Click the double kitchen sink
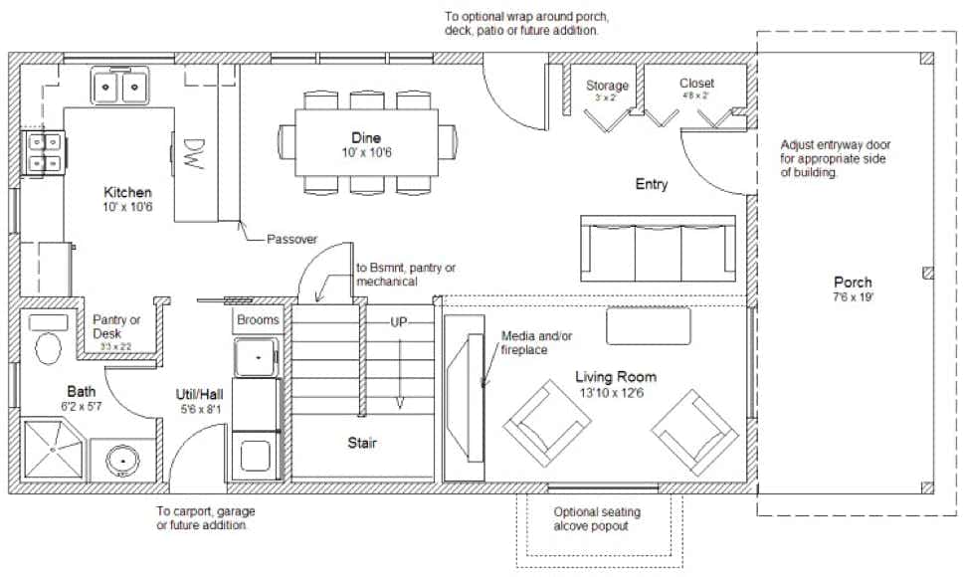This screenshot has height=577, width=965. coord(120,88)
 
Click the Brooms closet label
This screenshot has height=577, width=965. coord(260,320)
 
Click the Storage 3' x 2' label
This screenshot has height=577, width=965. coord(607,91)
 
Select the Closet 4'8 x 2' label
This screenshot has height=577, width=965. coord(696,89)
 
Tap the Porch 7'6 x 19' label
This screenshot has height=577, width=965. coord(853,289)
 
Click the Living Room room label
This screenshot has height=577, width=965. coord(615,383)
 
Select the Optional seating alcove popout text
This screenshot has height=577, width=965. coord(597,519)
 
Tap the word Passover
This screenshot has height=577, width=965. coord(291,240)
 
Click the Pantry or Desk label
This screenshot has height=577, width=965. coord(116,327)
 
